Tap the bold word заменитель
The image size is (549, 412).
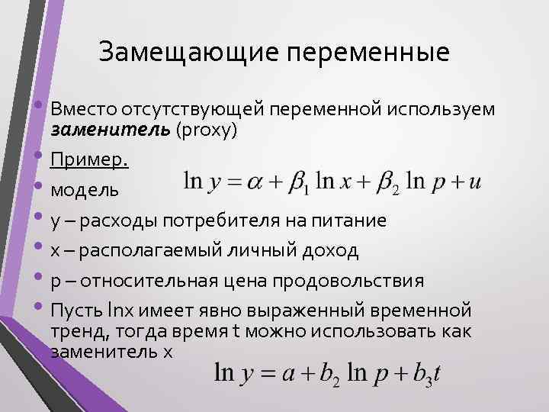coord(110,130)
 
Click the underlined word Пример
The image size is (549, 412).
coord(89,160)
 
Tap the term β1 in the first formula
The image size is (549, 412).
coord(302,184)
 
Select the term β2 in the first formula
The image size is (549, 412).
coord(390,184)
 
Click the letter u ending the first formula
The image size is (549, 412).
coord(476,184)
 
